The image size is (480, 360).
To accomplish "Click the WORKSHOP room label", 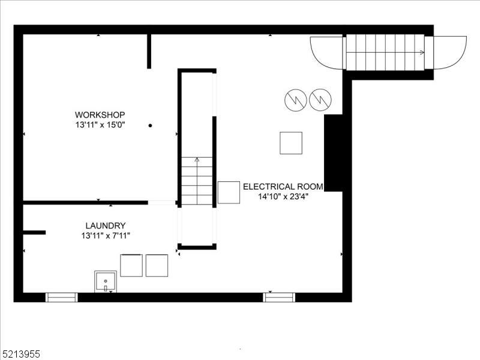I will click(100, 115).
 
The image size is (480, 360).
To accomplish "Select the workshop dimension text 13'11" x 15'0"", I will click(100, 125).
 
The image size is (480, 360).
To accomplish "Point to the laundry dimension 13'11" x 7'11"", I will click(105, 235).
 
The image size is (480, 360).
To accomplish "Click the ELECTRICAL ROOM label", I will click(283, 187).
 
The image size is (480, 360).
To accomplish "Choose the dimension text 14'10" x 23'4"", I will click(283, 196).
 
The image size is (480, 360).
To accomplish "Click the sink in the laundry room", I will click(106, 281).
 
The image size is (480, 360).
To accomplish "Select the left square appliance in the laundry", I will click(131, 265).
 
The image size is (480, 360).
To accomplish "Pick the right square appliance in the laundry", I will click(157, 265).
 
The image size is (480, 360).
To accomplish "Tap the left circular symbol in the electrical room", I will click(295, 100).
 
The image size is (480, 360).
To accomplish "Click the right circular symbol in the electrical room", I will click(320, 100).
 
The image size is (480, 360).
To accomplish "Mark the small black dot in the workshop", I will click(150, 125).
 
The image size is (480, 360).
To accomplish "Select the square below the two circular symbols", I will click(291, 143).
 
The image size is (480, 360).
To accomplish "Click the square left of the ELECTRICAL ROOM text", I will click(229, 192).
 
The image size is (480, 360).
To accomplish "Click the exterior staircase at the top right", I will click(385, 52).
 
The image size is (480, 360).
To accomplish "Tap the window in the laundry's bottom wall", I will click(62, 297).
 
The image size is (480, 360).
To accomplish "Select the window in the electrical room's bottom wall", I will click(279, 297).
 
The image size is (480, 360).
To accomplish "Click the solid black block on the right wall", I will click(333, 153).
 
